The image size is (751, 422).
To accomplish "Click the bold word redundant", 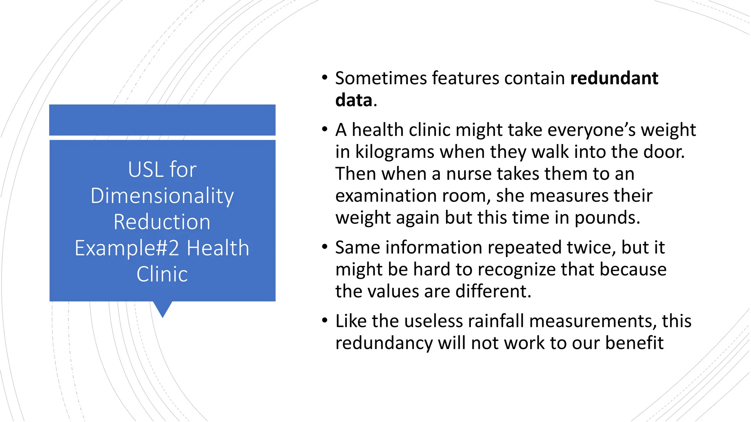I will click(614, 78).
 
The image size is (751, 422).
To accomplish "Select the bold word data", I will click(353, 100).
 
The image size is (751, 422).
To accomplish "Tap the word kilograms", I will click(395, 152).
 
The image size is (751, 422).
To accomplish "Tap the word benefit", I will click(634, 343).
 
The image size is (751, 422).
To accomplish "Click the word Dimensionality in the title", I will click(162, 196).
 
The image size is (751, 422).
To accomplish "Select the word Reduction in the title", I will click(162, 222).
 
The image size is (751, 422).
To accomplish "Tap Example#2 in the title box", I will click(127, 248).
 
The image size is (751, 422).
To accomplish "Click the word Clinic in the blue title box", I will click(162, 274).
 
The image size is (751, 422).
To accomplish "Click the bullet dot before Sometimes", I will click(325, 78).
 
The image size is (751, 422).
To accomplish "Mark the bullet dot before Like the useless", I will click(325, 321).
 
